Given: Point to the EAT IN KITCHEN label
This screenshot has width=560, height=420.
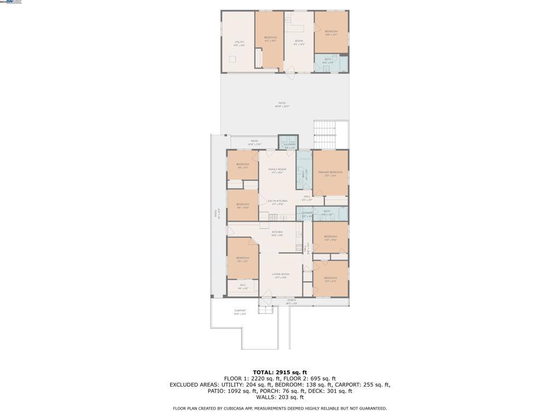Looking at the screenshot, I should (277, 202).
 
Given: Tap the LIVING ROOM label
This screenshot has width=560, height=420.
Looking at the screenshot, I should (281, 275).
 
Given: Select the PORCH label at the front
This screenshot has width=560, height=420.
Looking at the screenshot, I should (291, 301).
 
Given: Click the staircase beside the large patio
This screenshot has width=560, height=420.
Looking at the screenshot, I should (325, 135).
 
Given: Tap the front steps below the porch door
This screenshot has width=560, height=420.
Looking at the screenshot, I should (266, 310).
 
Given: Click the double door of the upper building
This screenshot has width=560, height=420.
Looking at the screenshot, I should (289, 71).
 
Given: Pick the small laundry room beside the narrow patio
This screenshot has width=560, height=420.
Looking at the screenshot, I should (289, 143).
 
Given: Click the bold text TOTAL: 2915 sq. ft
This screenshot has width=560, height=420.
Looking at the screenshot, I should (279, 372).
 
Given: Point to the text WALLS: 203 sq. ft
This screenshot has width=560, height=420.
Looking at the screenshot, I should (279, 397).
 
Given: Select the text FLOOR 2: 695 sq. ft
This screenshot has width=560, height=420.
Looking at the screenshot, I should (310, 378).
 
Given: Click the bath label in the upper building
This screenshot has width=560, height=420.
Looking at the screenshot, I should (328, 61).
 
